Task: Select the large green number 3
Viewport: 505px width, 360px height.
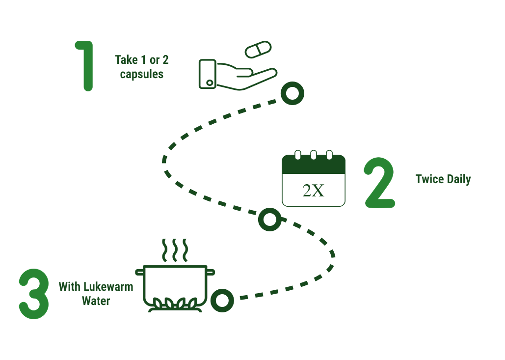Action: point(34,294)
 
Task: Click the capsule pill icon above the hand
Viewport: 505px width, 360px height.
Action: point(258,50)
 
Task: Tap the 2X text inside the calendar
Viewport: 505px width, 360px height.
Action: point(314,191)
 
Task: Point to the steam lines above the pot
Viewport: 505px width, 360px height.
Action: point(175,250)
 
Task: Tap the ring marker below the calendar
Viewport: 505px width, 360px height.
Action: point(269,219)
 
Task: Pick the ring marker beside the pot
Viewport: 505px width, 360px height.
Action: point(222,300)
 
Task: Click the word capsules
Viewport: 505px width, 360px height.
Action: point(142,75)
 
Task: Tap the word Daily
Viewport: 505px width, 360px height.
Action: point(459,179)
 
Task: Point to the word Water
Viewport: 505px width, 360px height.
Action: point(96,301)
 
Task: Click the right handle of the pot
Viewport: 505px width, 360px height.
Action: point(210,271)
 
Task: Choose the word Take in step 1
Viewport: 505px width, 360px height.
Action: point(126,60)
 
